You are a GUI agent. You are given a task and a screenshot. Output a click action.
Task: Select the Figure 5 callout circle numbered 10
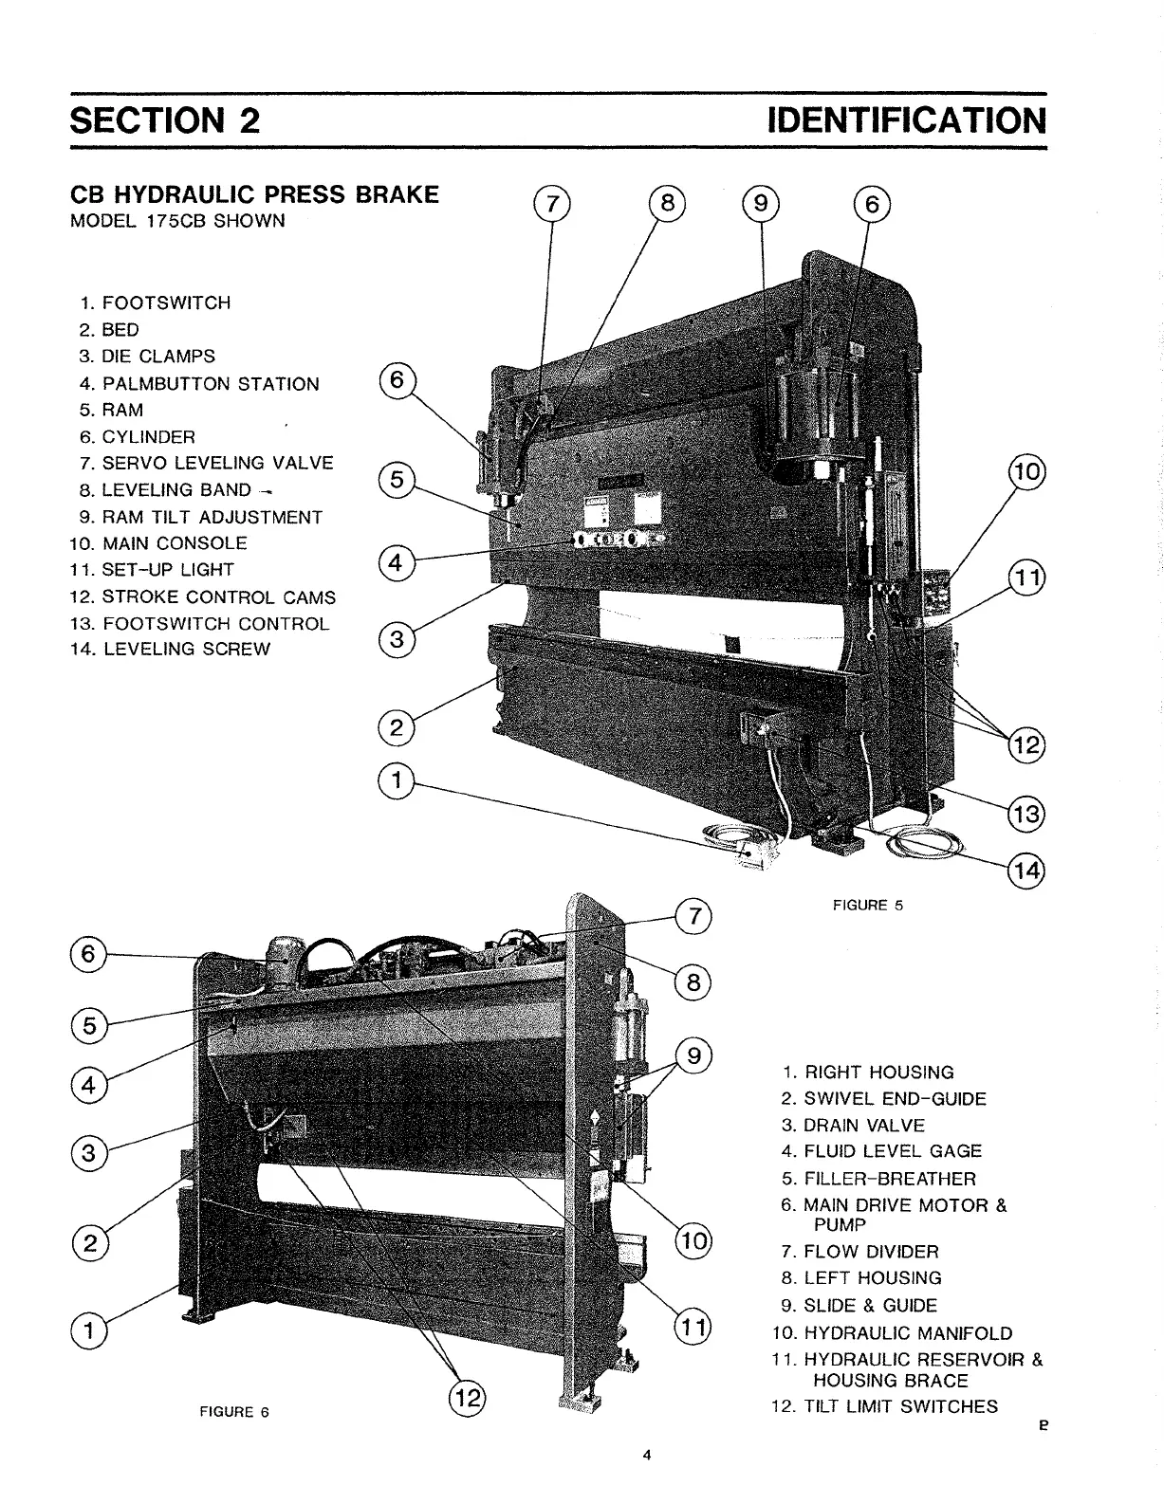(1027, 471)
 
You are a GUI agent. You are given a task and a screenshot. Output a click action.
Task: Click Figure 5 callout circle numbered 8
(667, 203)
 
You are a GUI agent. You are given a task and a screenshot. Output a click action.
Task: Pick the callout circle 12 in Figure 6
(467, 1399)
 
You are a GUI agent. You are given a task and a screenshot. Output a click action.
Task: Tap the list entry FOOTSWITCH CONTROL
(215, 624)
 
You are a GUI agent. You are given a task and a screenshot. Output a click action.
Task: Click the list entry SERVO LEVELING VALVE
(217, 463)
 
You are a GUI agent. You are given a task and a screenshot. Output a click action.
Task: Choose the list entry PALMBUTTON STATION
(210, 384)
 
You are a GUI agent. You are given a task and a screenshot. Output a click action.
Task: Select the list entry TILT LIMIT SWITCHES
(900, 1406)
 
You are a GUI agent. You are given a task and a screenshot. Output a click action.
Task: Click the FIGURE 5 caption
(867, 905)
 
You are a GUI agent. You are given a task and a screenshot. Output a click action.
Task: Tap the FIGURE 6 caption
(234, 1412)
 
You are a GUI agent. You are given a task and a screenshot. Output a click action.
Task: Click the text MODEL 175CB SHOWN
(178, 222)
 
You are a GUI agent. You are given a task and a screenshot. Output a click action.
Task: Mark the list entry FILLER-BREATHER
(889, 1179)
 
